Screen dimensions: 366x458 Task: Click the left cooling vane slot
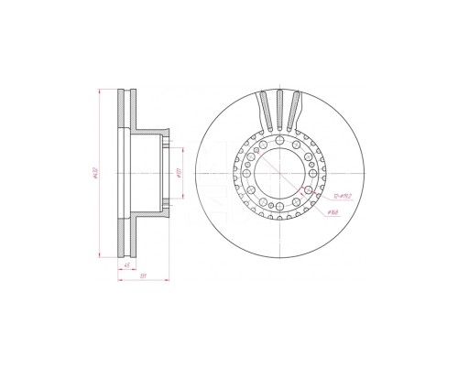pyautogui.click(x=264, y=110)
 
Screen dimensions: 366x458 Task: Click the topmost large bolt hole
pyautogui.click(x=279, y=138)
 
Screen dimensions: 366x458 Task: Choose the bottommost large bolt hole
pyautogui.click(x=279, y=207)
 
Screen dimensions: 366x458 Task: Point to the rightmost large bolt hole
pyautogui.click(x=314, y=172)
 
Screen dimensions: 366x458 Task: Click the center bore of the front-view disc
pyautogui.click(x=279, y=172)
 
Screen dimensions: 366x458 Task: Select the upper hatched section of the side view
pyautogui.click(x=128, y=110)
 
